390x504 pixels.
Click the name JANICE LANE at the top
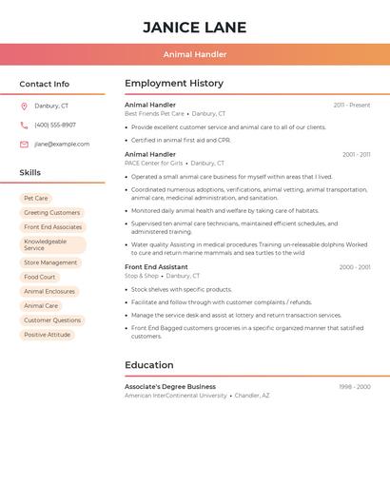tap(194, 28)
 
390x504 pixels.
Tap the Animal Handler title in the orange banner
tap(194, 55)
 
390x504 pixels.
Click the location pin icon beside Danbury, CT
tap(24, 106)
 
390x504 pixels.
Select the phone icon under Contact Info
tap(24, 125)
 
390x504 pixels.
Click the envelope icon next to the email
tap(24, 144)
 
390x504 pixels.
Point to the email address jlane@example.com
tap(62, 144)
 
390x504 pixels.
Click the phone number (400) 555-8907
tap(55, 125)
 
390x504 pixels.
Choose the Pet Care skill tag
tap(35, 198)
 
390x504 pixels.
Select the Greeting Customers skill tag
tap(51, 212)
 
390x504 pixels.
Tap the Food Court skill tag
tap(40, 277)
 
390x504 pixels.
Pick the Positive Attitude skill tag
tap(48, 335)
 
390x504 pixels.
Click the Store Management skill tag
tap(50, 262)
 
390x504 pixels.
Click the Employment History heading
tap(174, 84)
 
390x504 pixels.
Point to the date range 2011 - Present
tap(351, 105)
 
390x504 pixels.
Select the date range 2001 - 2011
tap(356, 154)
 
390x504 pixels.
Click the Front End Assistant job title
tap(156, 267)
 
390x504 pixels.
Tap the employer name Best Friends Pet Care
tap(154, 113)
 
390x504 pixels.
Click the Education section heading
tap(149, 365)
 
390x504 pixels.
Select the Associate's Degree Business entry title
tap(170, 387)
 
